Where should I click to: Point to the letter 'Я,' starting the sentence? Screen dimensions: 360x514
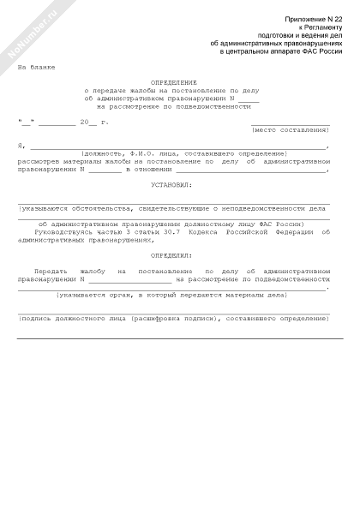tap(21, 146)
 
